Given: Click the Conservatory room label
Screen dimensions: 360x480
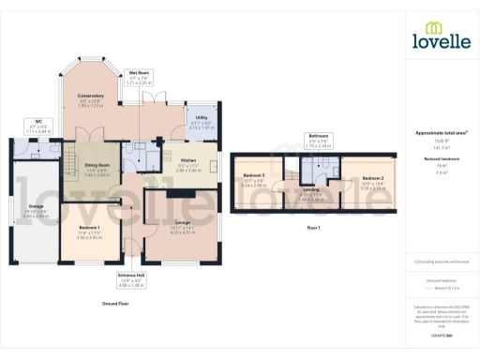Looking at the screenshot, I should (x=90, y=96).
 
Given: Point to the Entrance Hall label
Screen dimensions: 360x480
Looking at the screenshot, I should (x=130, y=277).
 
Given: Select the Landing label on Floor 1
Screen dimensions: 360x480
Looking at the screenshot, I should (x=311, y=189).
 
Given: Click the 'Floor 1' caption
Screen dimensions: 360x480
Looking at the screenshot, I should (x=314, y=227).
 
